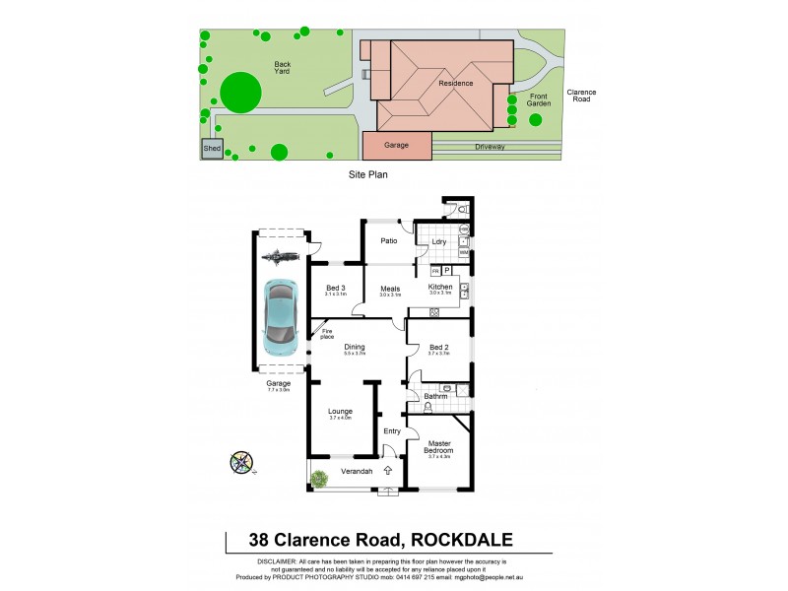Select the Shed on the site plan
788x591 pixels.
point(212,149)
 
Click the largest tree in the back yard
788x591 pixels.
point(240,93)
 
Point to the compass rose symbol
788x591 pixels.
point(241,461)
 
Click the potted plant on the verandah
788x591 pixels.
point(319,479)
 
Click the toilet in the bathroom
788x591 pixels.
point(427,406)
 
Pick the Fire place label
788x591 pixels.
point(327,334)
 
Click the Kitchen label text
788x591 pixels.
point(439,287)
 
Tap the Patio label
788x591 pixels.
point(388,239)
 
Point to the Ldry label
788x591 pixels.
point(439,241)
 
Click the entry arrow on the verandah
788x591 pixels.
point(388,471)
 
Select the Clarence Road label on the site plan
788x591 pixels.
point(581,96)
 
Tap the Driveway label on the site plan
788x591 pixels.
point(490,147)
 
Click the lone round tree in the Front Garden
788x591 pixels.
point(535,120)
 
